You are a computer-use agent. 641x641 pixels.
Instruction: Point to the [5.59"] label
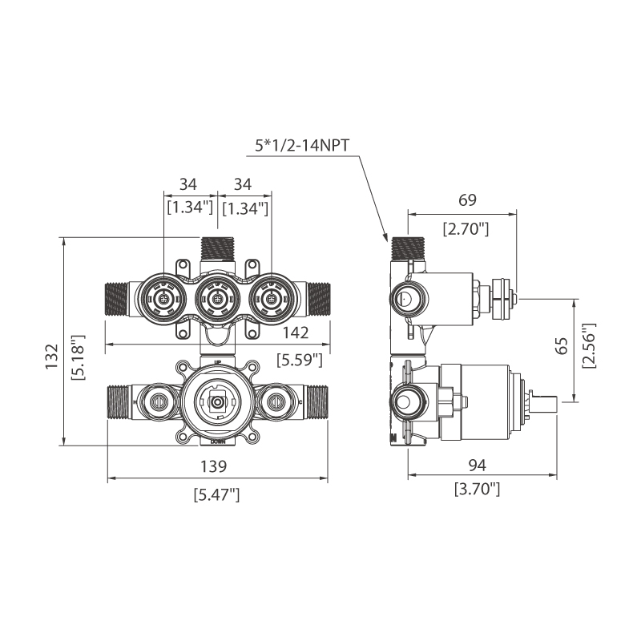(x=299, y=360)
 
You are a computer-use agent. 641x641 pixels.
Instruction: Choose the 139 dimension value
(x=216, y=466)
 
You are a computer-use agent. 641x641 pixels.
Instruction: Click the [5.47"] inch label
(x=216, y=494)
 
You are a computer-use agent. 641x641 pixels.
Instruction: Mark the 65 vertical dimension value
(x=562, y=346)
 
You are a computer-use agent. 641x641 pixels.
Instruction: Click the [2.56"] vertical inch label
(x=589, y=346)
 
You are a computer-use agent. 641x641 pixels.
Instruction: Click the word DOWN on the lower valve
(x=217, y=441)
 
